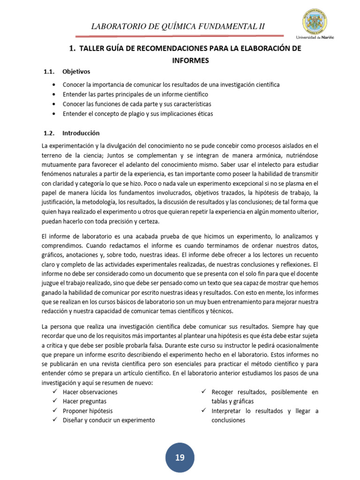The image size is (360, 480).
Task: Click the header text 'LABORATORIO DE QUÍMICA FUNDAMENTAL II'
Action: (x=179, y=26)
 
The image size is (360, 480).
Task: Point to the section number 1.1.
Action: (x=49, y=72)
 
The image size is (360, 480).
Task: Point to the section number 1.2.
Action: (x=49, y=133)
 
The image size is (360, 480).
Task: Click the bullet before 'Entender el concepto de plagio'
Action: (x=55, y=113)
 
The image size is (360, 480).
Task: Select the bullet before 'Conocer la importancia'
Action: (x=55, y=84)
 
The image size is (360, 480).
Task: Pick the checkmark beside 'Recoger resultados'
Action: (x=203, y=391)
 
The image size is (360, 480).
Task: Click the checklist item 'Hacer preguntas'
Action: (x=84, y=401)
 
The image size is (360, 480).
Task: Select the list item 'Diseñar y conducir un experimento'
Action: (x=108, y=420)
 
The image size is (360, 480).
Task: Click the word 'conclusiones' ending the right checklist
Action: (x=228, y=420)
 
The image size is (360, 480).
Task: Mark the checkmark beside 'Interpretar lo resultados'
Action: (x=203, y=411)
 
